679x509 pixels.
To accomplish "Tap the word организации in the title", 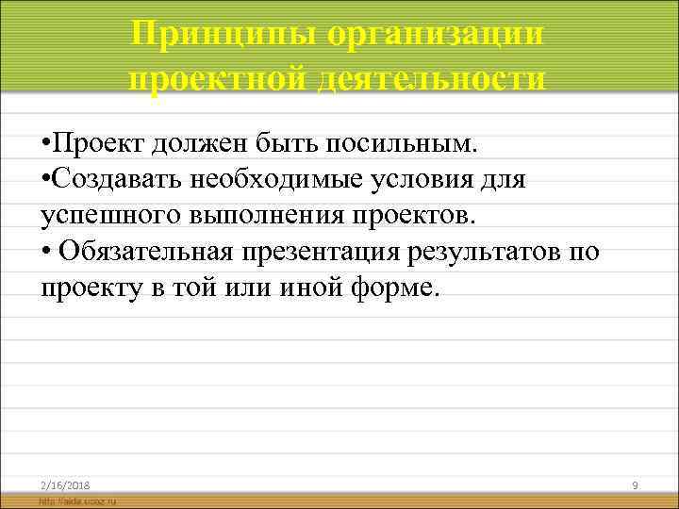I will click(x=436, y=35).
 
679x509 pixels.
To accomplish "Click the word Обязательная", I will click(x=151, y=251).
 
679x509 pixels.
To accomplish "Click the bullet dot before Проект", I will click(x=46, y=146).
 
